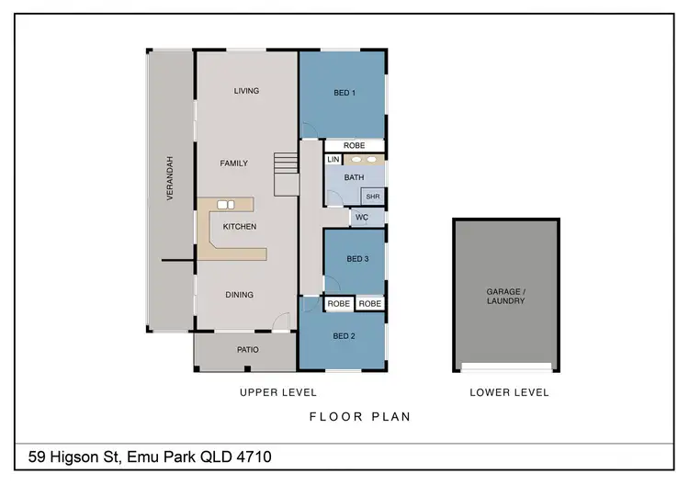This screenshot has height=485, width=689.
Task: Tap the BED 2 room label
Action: [x=344, y=336]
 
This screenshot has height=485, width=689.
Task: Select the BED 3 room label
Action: [x=357, y=260]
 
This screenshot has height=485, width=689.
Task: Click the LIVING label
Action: [x=246, y=91]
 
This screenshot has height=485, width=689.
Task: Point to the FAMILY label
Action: [x=234, y=164]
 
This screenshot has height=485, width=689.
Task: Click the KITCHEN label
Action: [x=240, y=227]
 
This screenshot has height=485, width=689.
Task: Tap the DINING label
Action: [x=240, y=295]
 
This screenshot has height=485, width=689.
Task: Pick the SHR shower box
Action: [x=372, y=197]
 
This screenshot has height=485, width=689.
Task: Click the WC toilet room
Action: [x=362, y=218]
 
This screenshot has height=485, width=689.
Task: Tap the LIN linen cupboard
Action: [x=333, y=160]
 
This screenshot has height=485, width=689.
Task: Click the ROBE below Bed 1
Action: [x=354, y=146]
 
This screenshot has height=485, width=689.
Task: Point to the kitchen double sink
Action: [x=226, y=204]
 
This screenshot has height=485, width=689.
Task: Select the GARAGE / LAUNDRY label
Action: [x=505, y=296]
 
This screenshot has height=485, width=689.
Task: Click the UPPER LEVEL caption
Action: [x=277, y=392]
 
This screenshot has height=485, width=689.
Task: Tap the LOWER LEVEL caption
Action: [x=509, y=392]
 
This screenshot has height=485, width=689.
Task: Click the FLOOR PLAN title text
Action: [x=359, y=416]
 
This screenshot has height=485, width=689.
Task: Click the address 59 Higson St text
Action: [x=149, y=457]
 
